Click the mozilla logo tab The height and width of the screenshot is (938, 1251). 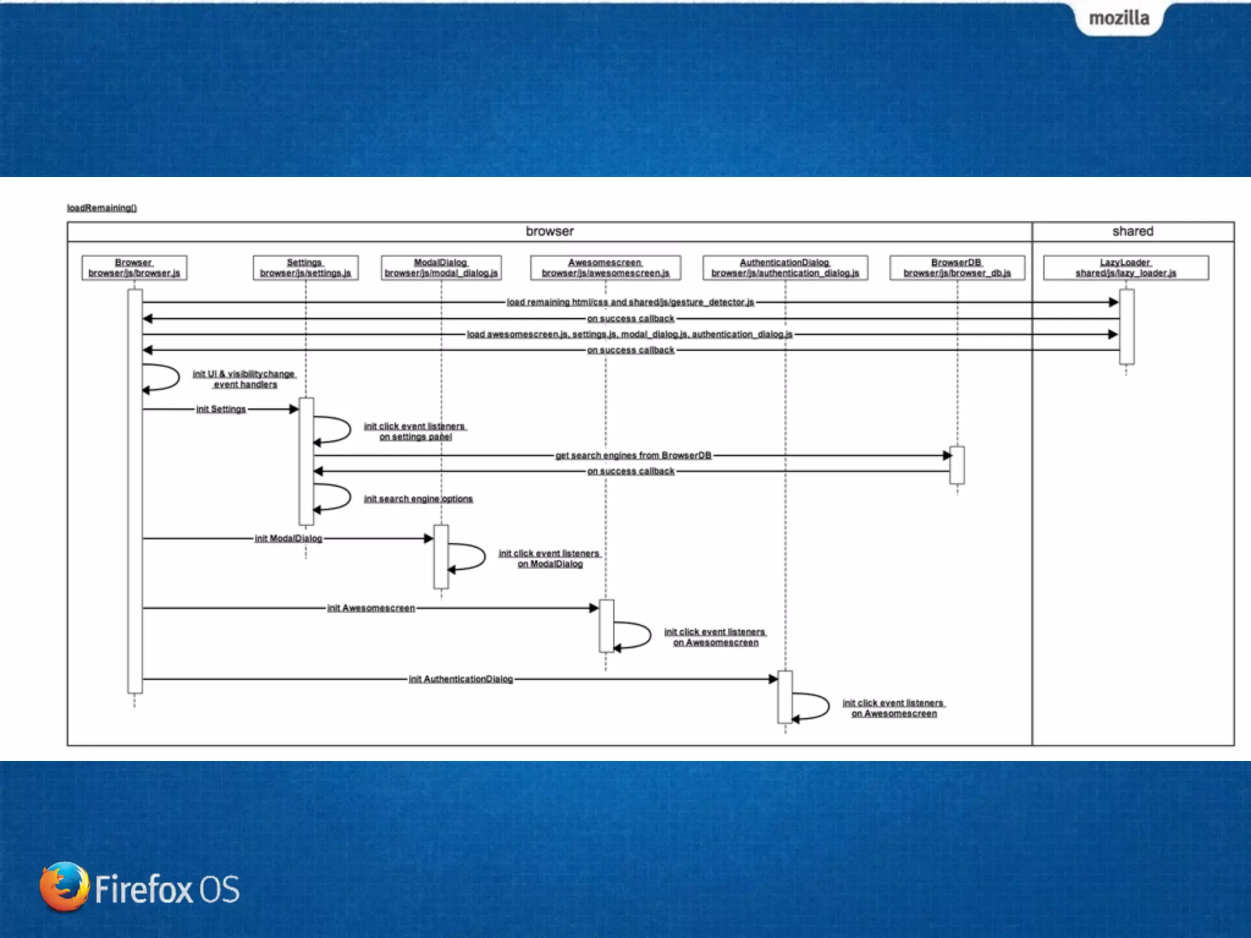pyautogui.click(x=1119, y=18)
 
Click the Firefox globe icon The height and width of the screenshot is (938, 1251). pyautogui.click(x=64, y=887)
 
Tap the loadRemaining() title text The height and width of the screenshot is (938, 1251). pyautogui.click(x=102, y=208)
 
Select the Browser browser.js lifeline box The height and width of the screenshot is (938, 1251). pyautogui.click(x=134, y=267)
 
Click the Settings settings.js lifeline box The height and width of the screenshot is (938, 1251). pyautogui.click(x=305, y=267)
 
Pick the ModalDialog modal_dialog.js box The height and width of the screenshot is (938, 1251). pyautogui.click(x=441, y=267)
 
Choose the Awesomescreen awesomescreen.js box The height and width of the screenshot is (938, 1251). pyautogui.click(x=605, y=267)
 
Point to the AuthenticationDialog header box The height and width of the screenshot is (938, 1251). pyautogui.click(x=785, y=267)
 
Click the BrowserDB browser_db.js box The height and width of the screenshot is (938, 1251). pyautogui.click(x=957, y=267)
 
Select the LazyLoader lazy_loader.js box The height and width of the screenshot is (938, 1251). pyautogui.click(x=1126, y=267)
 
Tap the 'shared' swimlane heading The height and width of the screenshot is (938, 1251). pyautogui.click(x=1133, y=231)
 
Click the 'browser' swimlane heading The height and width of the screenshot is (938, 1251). pyautogui.click(x=550, y=231)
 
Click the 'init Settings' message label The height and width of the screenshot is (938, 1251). pyautogui.click(x=221, y=409)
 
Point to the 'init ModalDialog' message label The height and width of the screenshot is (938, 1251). pyautogui.click(x=288, y=539)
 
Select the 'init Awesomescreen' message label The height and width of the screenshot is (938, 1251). pyautogui.click(x=371, y=608)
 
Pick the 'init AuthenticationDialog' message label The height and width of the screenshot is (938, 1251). pyautogui.click(x=461, y=679)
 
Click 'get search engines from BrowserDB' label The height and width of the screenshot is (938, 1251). pyautogui.click(x=633, y=456)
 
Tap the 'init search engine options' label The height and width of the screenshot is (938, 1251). pyautogui.click(x=418, y=499)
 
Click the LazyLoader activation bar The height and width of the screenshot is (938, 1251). pyautogui.click(x=1126, y=327)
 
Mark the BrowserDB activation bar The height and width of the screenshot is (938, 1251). pyautogui.click(x=957, y=465)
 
